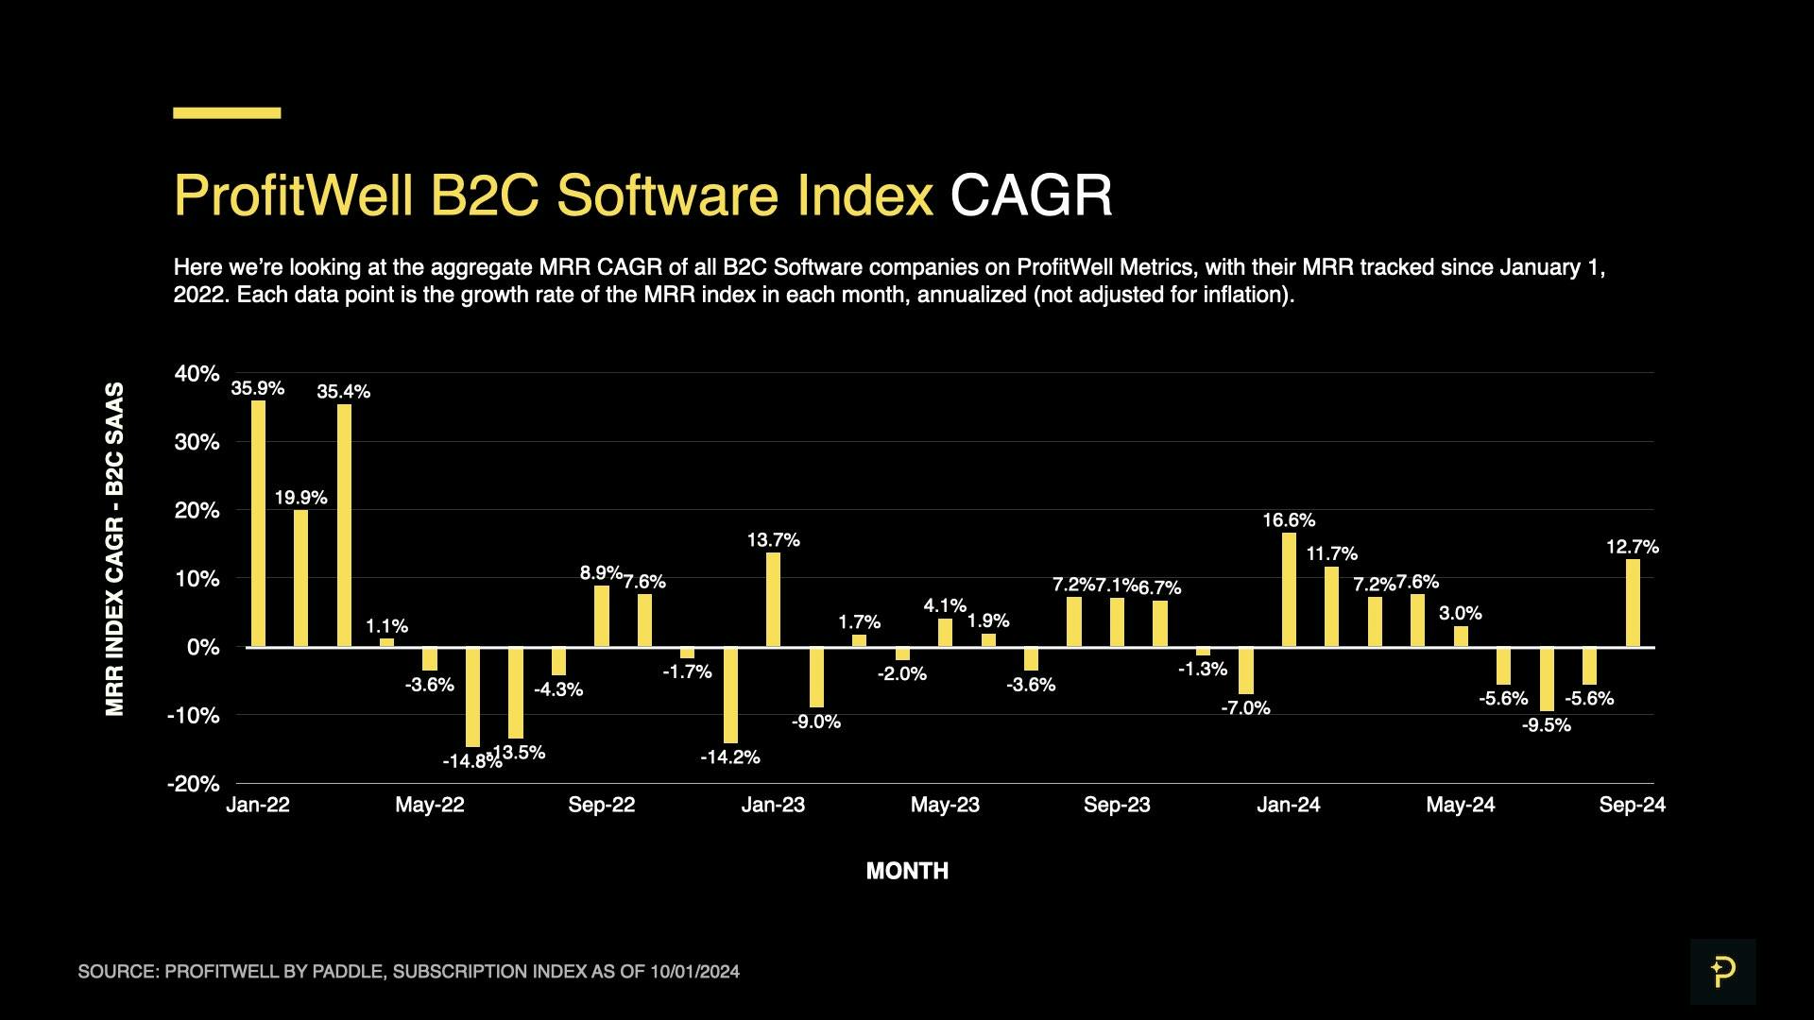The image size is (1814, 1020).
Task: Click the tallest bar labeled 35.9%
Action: coord(258,524)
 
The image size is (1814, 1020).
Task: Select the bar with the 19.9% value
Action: coord(300,578)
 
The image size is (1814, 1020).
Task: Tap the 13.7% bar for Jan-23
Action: coord(773,600)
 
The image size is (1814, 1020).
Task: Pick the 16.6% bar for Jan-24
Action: coord(1289,590)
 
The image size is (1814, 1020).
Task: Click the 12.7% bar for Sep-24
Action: coord(1633,603)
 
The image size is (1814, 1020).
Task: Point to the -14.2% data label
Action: coord(730,757)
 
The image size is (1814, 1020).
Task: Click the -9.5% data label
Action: coord(1547,725)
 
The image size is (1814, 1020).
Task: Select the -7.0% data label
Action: coord(1245,708)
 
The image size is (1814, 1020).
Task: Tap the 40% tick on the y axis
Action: coord(197,374)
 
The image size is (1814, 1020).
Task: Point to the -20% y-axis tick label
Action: coord(193,784)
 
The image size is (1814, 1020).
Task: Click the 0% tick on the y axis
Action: coord(202,648)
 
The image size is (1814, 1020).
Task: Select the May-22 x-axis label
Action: coord(430,805)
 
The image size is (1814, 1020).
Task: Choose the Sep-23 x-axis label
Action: coord(1117,805)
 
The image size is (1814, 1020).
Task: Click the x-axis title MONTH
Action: coord(907,871)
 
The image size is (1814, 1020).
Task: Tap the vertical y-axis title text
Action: coord(114,549)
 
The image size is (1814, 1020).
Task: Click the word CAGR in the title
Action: coord(1031,195)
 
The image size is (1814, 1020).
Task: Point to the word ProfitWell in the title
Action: coord(294,195)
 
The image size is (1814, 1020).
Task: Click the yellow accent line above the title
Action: coord(227,113)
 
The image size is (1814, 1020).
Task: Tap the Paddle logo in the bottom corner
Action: coord(1722,971)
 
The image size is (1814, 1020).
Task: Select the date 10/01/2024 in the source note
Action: coord(694,972)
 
